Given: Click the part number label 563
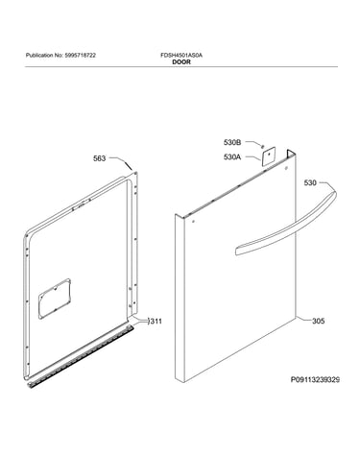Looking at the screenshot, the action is (x=99, y=158).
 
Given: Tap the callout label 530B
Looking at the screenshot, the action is (x=232, y=143).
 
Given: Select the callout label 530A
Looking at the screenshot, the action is (x=232, y=157).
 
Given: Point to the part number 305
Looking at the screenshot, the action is (x=318, y=321).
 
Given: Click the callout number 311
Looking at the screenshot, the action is (x=156, y=321).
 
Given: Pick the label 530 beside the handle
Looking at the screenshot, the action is (x=310, y=182).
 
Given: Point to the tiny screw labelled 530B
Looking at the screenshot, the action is (x=262, y=146).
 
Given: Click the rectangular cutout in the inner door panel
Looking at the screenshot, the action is (x=55, y=299).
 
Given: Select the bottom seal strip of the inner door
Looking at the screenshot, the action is (x=80, y=354).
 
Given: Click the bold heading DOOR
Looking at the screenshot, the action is (x=181, y=62).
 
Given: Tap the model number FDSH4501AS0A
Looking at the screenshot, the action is (x=181, y=56).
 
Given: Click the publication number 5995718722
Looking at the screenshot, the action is (x=80, y=56).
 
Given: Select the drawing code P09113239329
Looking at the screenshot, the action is (x=315, y=380).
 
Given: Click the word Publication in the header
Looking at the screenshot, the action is (x=39, y=56).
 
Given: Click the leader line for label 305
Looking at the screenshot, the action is (x=302, y=319).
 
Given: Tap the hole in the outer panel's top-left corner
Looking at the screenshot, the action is (x=193, y=221).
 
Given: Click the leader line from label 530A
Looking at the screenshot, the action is (x=252, y=158).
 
